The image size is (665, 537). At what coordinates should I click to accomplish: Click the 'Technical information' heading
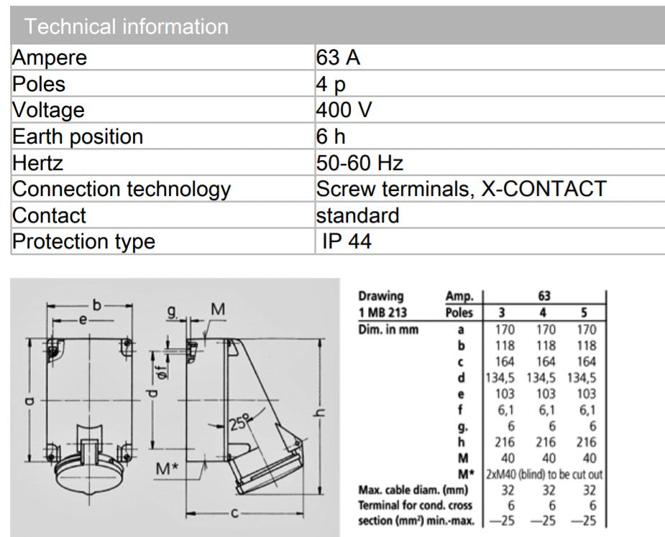[127, 27]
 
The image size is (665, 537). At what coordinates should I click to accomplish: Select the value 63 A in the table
[338, 57]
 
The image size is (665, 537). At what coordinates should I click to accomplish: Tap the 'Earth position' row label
[78, 136]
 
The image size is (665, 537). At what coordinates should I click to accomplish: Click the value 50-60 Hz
[359, 163]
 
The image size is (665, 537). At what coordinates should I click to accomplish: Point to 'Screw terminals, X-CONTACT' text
[461, 189]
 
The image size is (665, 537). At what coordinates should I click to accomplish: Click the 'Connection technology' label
[121, 189]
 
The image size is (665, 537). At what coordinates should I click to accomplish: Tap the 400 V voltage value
[344, 110]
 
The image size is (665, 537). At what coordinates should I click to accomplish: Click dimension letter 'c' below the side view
[234, 513]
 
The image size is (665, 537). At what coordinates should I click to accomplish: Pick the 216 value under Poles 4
[546, 442]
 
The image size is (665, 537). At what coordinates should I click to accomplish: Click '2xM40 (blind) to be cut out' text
[544, 475]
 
